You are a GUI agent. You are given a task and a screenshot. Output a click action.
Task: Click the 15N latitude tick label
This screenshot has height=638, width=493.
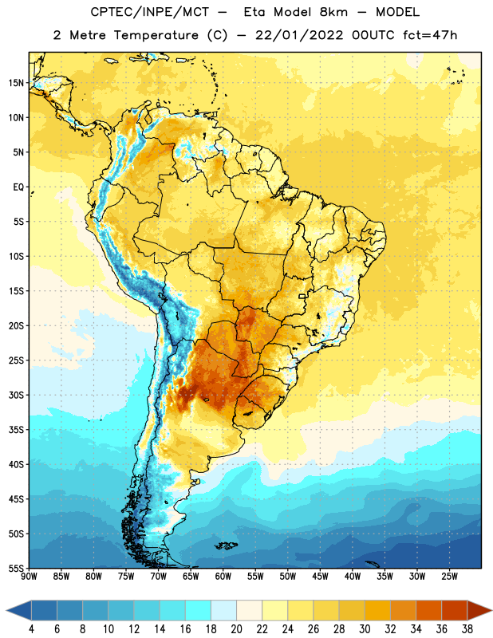[16, 83]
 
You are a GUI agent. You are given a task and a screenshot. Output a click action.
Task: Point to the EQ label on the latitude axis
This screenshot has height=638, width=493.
[18, 187]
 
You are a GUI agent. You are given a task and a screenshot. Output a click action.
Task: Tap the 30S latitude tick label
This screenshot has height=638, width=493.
[16, 395]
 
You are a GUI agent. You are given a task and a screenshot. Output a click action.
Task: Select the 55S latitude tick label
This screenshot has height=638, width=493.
[16, 569]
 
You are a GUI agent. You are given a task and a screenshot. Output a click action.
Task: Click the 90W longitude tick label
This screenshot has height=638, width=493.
[29, 577]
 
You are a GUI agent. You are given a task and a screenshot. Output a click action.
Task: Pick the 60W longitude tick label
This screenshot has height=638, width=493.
[223, 577]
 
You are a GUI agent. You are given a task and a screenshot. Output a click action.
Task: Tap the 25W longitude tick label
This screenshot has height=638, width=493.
[449, 577]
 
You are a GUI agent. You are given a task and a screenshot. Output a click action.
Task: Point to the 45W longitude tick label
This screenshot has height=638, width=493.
[320, 577]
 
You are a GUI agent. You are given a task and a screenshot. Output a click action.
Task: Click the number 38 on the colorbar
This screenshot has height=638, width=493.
[467, 629]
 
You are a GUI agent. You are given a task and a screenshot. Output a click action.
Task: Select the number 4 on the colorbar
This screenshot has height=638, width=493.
[31, 629]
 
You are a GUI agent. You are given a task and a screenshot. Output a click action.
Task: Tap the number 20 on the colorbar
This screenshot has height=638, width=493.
[236, 629]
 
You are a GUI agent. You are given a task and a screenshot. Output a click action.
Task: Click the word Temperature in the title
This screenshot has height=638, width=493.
[156, 35]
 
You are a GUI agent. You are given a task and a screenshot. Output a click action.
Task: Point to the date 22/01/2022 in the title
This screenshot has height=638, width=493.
[299, 35]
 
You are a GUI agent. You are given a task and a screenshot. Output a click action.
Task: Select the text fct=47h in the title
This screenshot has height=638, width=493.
[430, 35]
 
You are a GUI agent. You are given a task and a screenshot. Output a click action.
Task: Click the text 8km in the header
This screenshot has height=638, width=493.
[333, 12]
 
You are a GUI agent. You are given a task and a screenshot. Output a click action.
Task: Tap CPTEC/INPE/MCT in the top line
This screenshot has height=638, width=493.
[149, 12]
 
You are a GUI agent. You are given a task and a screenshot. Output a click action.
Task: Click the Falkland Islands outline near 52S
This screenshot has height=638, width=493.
[226, 545]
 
